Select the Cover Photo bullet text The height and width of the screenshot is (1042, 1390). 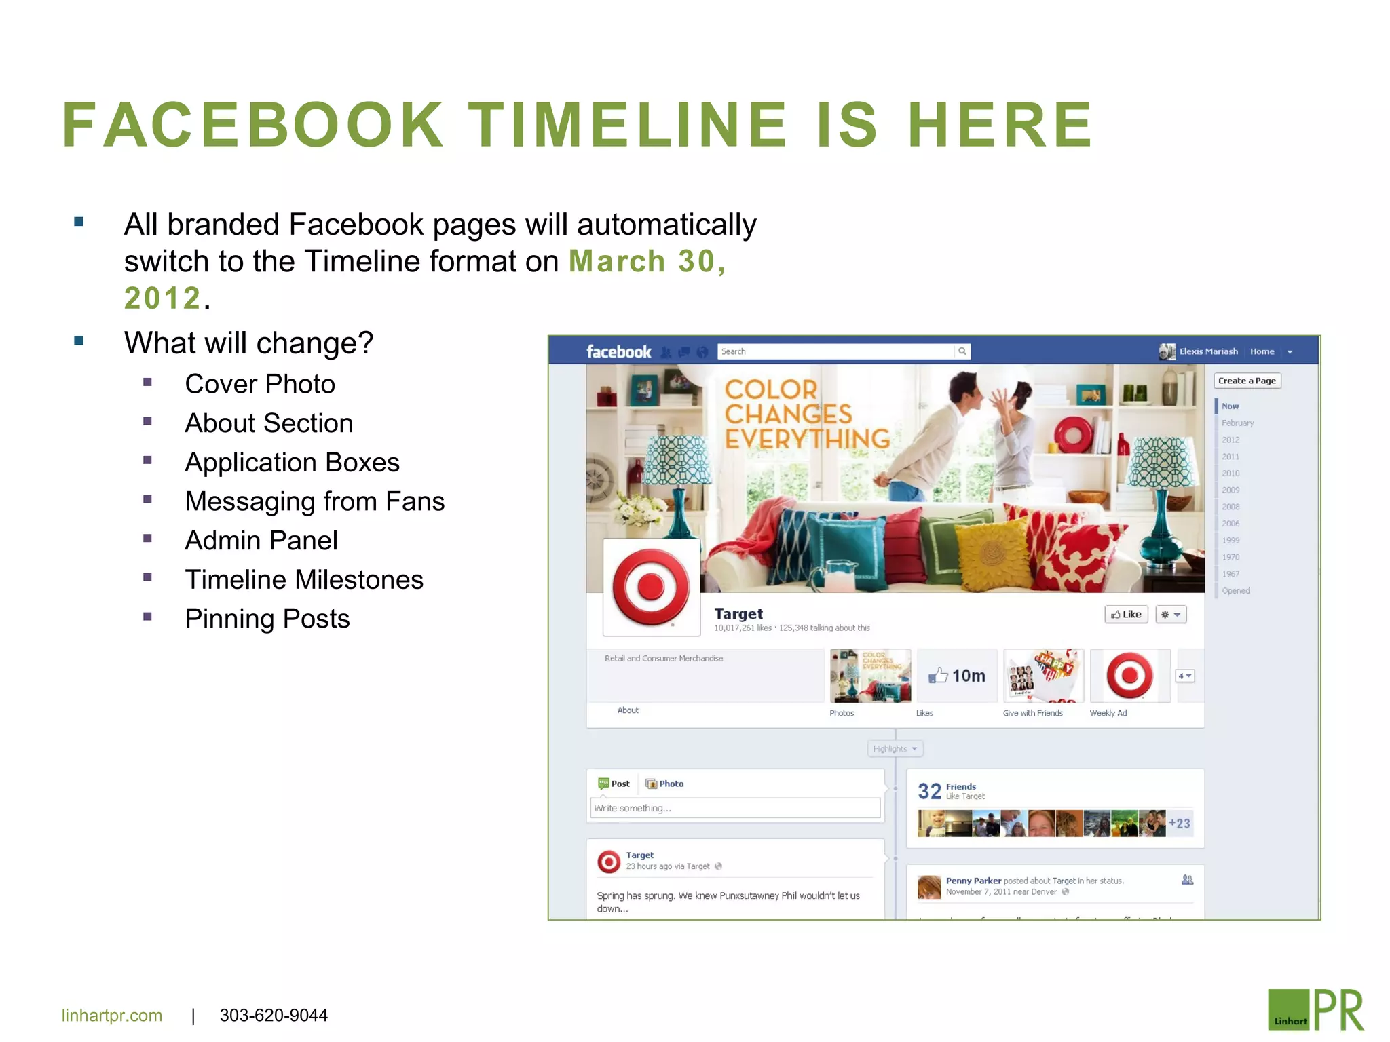coord(260,385)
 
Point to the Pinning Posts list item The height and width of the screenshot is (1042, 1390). coord(267,619)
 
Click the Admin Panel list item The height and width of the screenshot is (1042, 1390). coord(261,541)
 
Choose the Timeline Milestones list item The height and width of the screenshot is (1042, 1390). coord(304,580)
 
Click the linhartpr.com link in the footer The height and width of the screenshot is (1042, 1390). coord(112,1016)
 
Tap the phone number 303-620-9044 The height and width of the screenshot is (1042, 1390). coord(274,1016)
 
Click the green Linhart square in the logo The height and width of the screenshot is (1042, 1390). coord(1288,1010)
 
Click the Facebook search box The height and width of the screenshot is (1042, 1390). coord(835,351)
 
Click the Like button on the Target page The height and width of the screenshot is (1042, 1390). coord(1126,615)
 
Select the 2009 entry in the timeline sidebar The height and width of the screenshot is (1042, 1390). coord(1231,490)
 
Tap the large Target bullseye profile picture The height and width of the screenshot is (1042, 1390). coord(651,587)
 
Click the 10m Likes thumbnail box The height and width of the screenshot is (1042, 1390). coord(957,676)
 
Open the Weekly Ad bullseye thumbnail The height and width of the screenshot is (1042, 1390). coord(1130,676)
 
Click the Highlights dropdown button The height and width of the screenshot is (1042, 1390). coord(895,749)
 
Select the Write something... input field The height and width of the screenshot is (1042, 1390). coord(735,808)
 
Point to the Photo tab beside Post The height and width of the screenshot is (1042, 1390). coord(665,784)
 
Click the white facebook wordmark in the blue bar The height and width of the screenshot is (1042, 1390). coord(618,351)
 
